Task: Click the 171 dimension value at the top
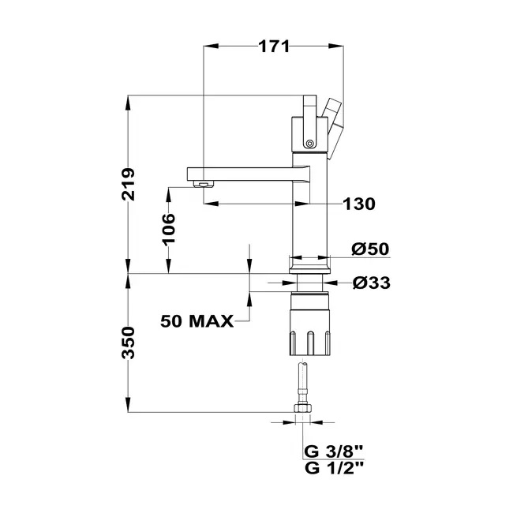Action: (x=274, y=47)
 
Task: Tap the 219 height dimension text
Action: (x=128, y=184)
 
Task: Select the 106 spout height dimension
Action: (x=168, y=229)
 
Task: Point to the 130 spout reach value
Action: (x=359, y=204)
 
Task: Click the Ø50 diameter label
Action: (x=370, y=249)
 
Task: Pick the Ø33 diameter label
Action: (x=372, y=283)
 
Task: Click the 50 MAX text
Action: (x=197, y=321)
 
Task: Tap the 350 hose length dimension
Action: (x=128, y=343)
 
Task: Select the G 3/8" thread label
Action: (x=334, y=451)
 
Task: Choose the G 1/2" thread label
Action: (x=334, y=468)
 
